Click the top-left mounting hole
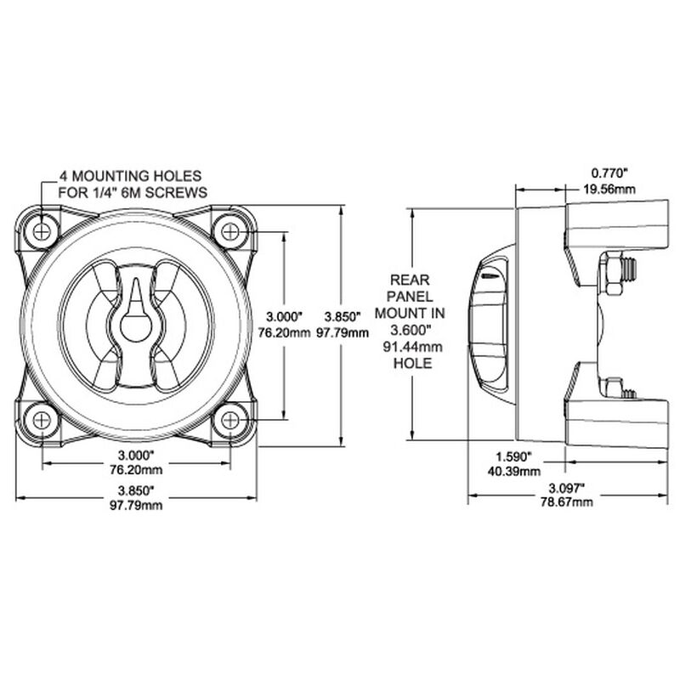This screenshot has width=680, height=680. point(42,229)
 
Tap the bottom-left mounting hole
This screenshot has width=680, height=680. point(42,419)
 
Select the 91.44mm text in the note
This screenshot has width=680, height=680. point(408,348)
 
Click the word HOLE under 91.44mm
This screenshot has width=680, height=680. point(408,363)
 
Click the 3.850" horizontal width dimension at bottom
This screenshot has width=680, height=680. point(136,490)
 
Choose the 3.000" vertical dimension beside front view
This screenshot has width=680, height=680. point(281,310)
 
